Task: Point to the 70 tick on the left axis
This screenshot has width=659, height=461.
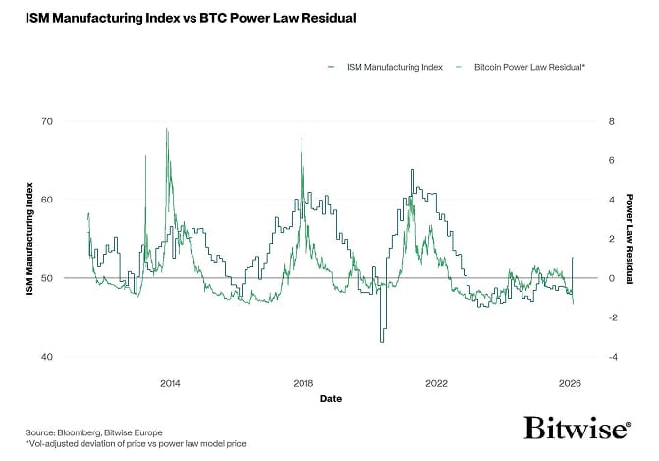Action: point(74,121)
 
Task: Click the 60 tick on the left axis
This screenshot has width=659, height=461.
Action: point(74,200)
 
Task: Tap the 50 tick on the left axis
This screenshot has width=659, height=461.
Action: point(74,278)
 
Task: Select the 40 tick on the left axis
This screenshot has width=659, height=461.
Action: point(74,357)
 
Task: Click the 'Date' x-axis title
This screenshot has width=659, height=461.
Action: point(330,400)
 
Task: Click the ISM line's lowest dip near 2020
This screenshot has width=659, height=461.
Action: point(382,341)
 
